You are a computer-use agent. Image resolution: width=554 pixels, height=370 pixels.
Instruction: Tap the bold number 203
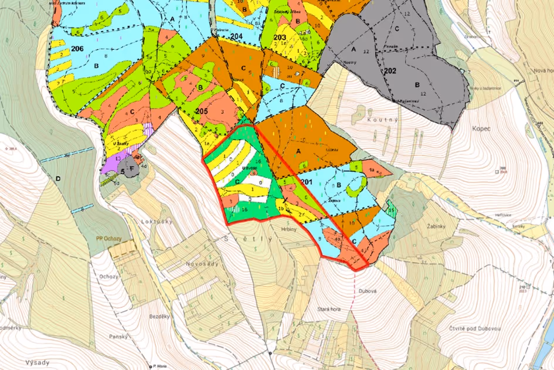(x=280, y=38)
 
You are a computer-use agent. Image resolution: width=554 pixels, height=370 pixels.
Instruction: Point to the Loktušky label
(x=154, y=223)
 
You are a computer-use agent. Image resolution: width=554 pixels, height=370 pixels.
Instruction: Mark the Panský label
(x=118, y=337)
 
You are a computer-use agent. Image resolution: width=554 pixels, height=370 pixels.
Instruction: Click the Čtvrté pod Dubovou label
(x=473, y=328)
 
